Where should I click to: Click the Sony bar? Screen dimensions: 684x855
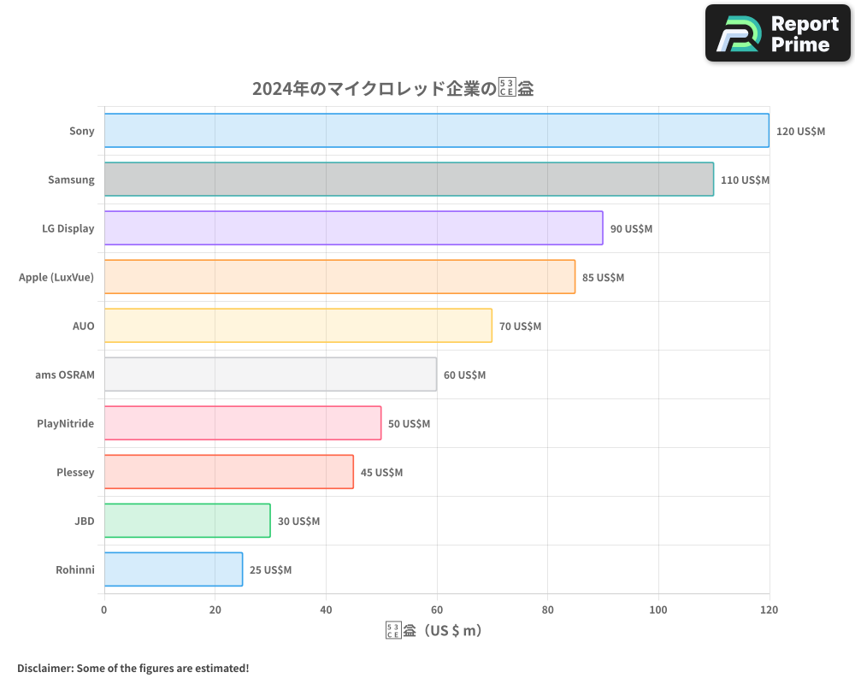436,131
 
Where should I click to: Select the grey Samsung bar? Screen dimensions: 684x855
409,180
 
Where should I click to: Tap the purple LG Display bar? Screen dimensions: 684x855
353,228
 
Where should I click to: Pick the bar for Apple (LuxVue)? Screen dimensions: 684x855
339,277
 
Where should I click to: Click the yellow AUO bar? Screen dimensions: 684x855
298,326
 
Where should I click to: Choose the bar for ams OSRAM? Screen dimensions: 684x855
270,374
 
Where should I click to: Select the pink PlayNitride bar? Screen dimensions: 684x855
243,423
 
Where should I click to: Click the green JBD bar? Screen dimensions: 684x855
187,521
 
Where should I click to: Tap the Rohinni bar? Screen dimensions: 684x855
174,569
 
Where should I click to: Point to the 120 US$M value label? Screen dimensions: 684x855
800,132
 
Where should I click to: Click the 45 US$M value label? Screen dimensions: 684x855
381,473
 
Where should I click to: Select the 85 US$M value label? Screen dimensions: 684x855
603,278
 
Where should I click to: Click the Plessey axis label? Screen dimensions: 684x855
75,473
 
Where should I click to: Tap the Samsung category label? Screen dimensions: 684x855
71,180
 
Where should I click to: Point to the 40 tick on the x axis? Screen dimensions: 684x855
326,610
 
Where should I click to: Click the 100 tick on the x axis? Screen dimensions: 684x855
658,610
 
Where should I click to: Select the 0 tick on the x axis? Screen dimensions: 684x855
104,610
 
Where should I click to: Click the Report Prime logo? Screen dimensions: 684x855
778,33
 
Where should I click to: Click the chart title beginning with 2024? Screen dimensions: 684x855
392,88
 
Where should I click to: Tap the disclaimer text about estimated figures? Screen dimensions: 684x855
133,668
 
